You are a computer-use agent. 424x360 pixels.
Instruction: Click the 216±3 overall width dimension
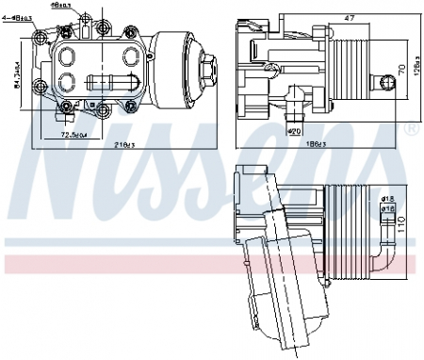pos(124,143)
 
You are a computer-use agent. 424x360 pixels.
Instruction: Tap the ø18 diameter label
pos(386,199)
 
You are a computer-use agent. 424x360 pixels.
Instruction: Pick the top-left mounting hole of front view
pos(40,39)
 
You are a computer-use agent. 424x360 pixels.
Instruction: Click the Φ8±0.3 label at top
pos(89,6)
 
